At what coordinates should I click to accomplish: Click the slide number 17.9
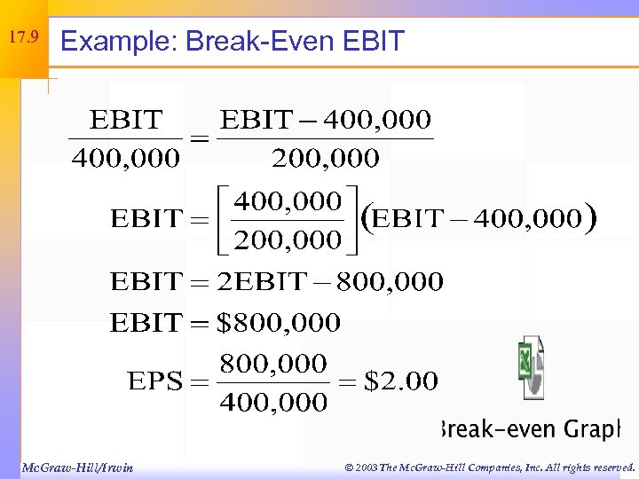pyautogui.click(x=23, y=38)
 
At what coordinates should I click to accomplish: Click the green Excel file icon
pyautogui.click(x=529, y=371)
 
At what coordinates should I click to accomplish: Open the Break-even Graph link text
pyautogui.click(x=529, y=430)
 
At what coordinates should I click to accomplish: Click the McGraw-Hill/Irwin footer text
pyautogui.click(x=77, y=467)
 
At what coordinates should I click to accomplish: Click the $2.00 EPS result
pyautogui.click(x=402, y=381)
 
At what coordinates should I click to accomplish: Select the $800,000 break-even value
pyautogui.click(x=279, y=322)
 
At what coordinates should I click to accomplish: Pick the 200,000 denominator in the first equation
pyautogui.click(x=325, y=159)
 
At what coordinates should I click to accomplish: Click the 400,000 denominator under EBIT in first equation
pyautogui.click(x=125, y=159)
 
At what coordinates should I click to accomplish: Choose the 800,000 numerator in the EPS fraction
pyautogui.click(x=273, y=362)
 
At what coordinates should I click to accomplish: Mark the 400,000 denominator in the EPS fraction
pyautogui.click(x=273, y=403)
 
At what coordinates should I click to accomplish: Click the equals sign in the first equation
pyautogui.click(x=200, y=138)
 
